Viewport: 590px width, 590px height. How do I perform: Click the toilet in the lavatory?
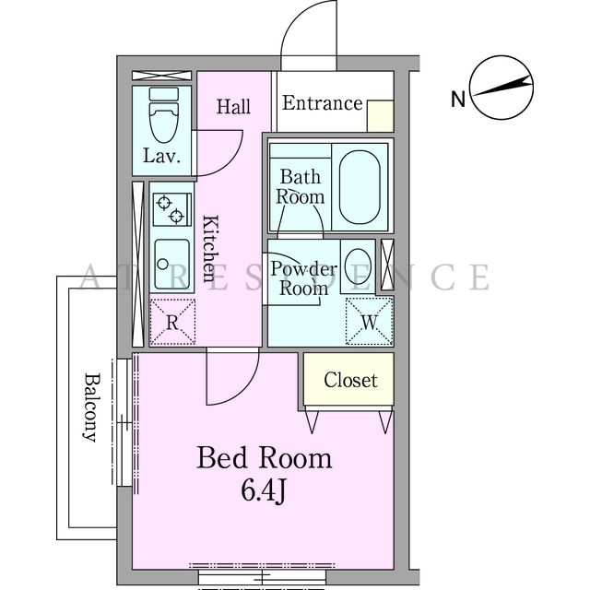point(164,114)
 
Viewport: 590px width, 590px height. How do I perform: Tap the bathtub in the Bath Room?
point(360,187)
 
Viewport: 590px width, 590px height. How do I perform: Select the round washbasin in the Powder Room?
point(358,266)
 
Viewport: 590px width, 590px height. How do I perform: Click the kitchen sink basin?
point(172,265)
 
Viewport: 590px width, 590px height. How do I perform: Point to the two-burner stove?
point(172,209)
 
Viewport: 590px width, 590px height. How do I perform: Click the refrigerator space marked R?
point(172,322)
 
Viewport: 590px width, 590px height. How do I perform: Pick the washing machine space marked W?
point(370,321)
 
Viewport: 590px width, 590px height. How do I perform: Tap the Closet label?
point(350,380)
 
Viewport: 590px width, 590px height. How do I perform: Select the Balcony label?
point(91,407)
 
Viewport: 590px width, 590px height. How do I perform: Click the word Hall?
point(233,107)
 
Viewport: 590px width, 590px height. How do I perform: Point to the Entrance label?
point(322,103)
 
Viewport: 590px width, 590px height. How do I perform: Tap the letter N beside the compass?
point(458,99)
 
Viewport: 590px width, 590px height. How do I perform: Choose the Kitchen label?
point(210,248)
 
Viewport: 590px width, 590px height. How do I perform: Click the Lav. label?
point(161,155)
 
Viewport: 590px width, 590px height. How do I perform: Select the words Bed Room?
point(265,457)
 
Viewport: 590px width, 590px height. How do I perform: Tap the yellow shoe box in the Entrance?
point(381,116)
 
